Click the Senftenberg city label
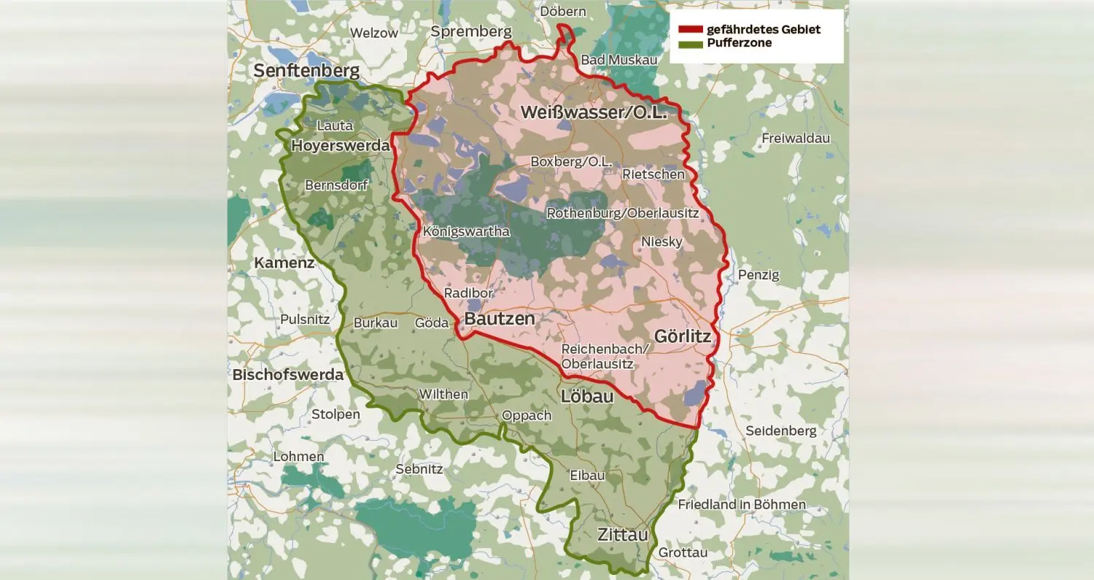pyautogui.click(x=306, y=71)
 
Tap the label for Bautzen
pyautogui.click(x=500, y=319)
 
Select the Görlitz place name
pyautogui.click(x=683, y=336)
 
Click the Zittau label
pyautogui.click(x=622, y=534)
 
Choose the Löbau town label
pyautogui.click(x=586, y=397)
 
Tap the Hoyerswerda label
pyautogui.click(x=340, y=146)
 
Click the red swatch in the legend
pyautogui.click(x=690, y=30)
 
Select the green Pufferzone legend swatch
pyautogui.click(x=690, y=44)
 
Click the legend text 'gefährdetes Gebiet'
pyautogui.click(x=763, y=30)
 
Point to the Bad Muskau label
pyautogui.click(x=618, y=60)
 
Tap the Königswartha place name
pyautogui.click(x=465, y=231)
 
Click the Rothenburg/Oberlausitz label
pyautogui.click(x=622, y=213)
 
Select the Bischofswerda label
pyautogui.click(x=287, y=375)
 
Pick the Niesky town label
pyautogui.click(x=662, y=241)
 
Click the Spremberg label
pyautogui.click(x=470, y=31)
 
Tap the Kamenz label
pyautogui.click(x=284, y=263)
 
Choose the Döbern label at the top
pyautogui.click(x=562, y=12)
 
